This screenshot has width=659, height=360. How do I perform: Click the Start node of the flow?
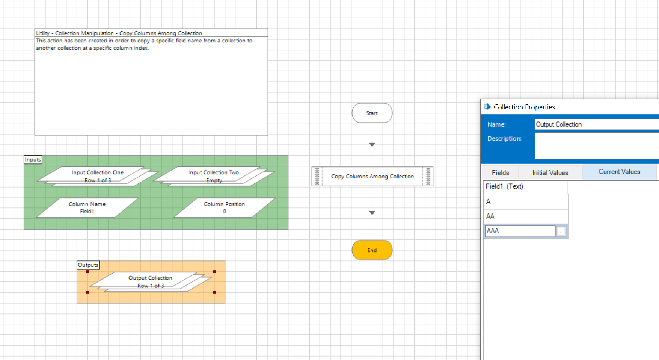click(x=372, y=113)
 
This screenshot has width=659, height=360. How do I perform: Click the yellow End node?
click(x=372, y=250)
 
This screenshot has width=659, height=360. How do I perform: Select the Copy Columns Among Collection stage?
click(x=372, y=176)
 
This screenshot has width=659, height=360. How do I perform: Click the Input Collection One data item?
click(x=97, y=176)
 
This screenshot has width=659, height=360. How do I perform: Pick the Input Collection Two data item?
click(x=213, y=176)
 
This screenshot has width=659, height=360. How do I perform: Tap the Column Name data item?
click(x=87, y=207)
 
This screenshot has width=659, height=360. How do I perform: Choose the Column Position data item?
click(x=224, y=207)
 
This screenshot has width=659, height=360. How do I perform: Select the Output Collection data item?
click(x=150, y=281)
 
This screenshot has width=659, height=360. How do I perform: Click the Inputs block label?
click(x=33, y=160)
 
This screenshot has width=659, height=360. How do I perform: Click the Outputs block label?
click(x=88, y=265)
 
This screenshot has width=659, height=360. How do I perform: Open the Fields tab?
click(x=500, y=173)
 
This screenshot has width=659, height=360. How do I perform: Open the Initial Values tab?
click(x=550, y=173)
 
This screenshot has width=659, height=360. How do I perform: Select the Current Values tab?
click(x=619, y=172)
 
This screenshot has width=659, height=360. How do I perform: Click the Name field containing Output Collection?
click(x=596, y=124)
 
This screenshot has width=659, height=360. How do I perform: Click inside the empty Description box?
click(x=596, y=146)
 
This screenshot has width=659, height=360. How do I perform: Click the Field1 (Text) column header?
click(x=504, y=186)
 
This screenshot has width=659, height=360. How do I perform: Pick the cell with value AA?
click(x=525, y=216)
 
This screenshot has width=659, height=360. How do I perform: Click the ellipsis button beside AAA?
click(x=561, y=231)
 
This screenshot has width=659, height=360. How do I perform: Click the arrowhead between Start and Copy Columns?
click(x=372, y=145)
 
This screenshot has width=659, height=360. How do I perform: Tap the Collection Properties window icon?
click(x=487, y=107)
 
